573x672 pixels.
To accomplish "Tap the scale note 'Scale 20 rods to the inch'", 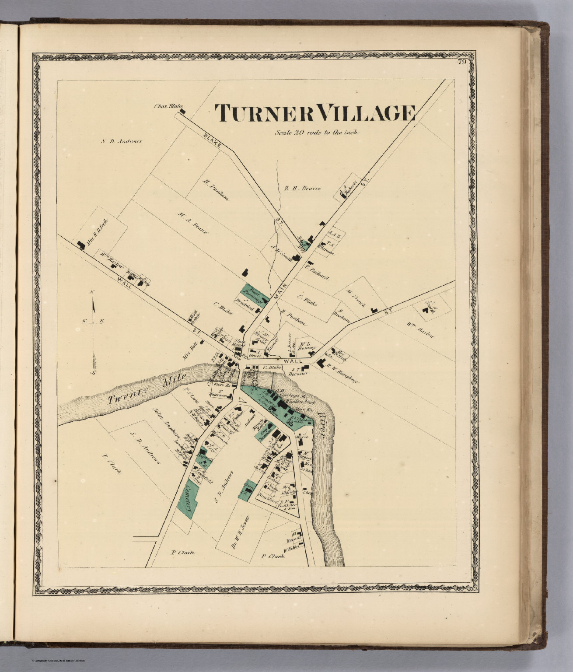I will point(316,132).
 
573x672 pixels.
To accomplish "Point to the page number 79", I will point(461,62).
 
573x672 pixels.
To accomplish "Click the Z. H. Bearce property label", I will point(303,189).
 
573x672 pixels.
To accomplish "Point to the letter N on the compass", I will point(92,292).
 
